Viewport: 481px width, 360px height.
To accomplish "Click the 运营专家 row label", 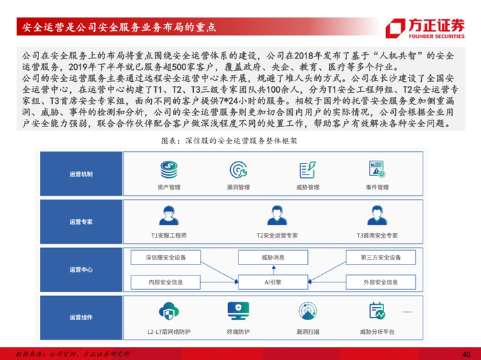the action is pos(81,222).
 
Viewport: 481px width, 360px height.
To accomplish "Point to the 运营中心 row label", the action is pos(81,270).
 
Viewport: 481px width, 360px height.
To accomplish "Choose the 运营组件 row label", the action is pos(81,317).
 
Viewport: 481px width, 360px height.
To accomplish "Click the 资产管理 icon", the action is pos(169,168).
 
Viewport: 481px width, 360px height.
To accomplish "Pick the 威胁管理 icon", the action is pos(307,168).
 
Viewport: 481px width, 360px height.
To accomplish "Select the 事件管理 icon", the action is pos(377,168).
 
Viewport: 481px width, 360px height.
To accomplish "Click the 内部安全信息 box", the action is pos(165,282).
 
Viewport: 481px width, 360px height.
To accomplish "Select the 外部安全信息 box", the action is pos(381,282).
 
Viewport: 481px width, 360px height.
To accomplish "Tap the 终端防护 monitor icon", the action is pos(238,311).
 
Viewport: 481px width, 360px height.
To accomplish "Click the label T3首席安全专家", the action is pos(377,235).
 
